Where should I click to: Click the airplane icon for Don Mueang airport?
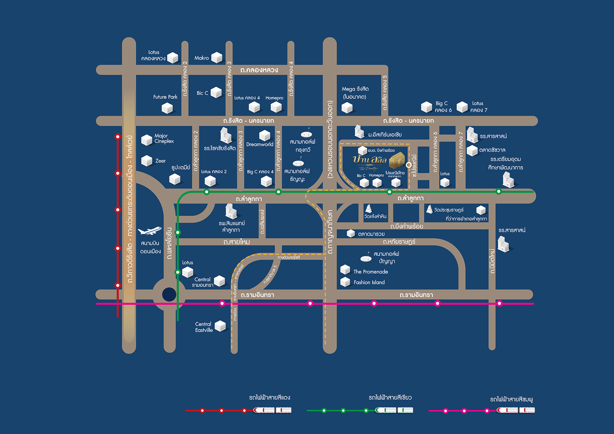click(x=149, y=230)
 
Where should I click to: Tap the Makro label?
click(x=201, y=58)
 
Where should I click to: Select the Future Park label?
click(x=165, y=97)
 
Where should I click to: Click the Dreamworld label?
click(x=260, y=144)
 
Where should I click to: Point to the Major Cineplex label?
click(x=164, y=138)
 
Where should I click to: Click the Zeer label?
click(x=161, y=161)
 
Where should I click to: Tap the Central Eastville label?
click(x=204, y=327)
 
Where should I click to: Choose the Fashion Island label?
click(x=369, y=282)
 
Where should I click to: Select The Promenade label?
click(x=371, y=272)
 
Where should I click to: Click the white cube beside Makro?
click(x=217, y=58)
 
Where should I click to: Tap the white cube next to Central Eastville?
click(x=220, y=326)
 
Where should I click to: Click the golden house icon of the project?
click(x=397, y=160)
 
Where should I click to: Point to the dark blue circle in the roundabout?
click(x=169, y=294)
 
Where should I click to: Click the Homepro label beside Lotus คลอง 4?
click(x=274, y=98)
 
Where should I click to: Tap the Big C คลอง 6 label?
click(x=443, y=107)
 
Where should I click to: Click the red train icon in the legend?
click(x=272, y=410)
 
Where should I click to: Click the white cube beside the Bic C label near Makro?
click(x=216, y=92)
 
